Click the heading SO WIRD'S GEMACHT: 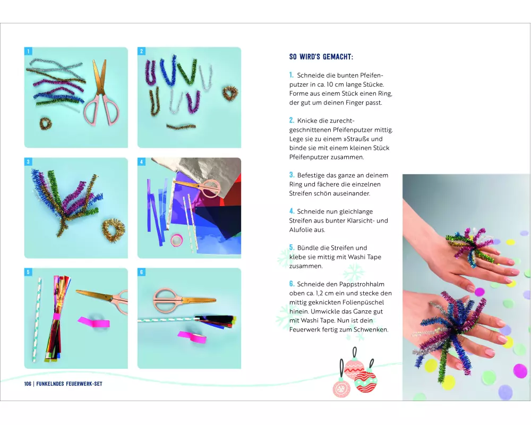[x=321, y=57]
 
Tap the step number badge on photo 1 [x=29, y=51]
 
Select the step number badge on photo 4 [x=142, y=161]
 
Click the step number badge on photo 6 [x=142, y=272]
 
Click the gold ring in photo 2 [x=230, y=92]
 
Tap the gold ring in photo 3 [x=114, y=230]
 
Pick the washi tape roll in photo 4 [x=176, y=240]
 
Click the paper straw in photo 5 [x=37, y=320]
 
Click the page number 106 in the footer [x=28, y=384]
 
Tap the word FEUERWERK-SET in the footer [x=84, y=384]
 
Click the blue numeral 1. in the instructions [x=291, y=75]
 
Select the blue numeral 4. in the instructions [x=292, y=211]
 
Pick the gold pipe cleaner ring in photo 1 [x=45, y=124]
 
